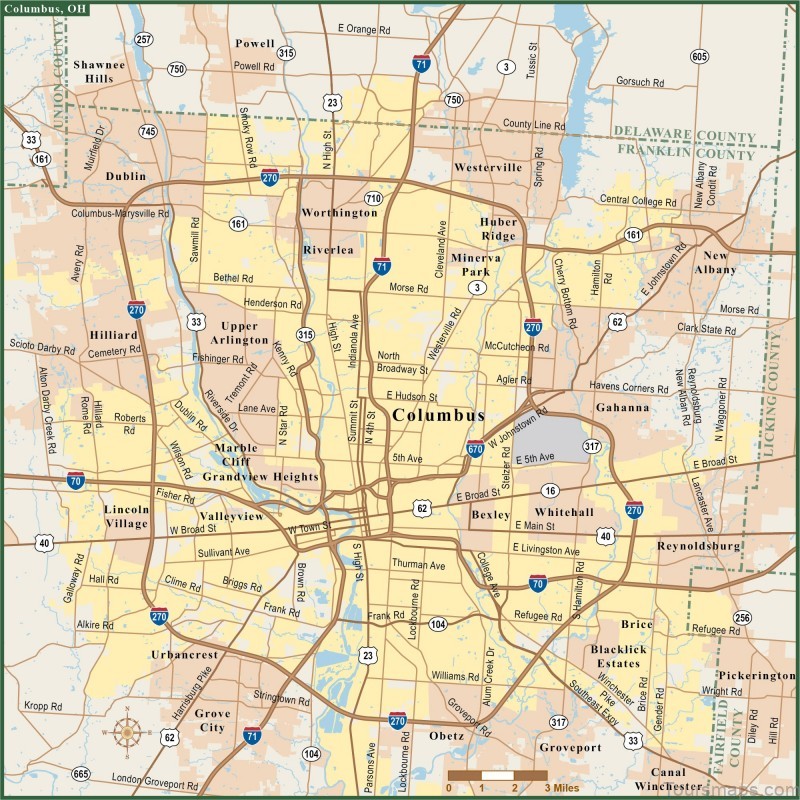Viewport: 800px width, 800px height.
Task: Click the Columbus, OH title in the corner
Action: (45, 9)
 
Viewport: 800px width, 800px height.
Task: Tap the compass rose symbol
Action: (127, 733)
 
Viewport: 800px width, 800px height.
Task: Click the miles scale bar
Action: (497, 775)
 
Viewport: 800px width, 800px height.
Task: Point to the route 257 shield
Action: (145, 40)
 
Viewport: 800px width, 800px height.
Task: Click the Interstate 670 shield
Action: (475, 450)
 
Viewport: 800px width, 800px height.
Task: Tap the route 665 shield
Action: (81, 773)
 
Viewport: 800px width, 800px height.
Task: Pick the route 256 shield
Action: (741, 617)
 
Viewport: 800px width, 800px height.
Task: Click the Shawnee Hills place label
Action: (99, 71)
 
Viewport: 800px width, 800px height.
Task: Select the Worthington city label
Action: (340, 213)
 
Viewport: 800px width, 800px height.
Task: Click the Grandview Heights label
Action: (260, 477)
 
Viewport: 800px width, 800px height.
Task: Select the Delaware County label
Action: (684, 136)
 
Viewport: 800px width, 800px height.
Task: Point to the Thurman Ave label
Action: (419, 565)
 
